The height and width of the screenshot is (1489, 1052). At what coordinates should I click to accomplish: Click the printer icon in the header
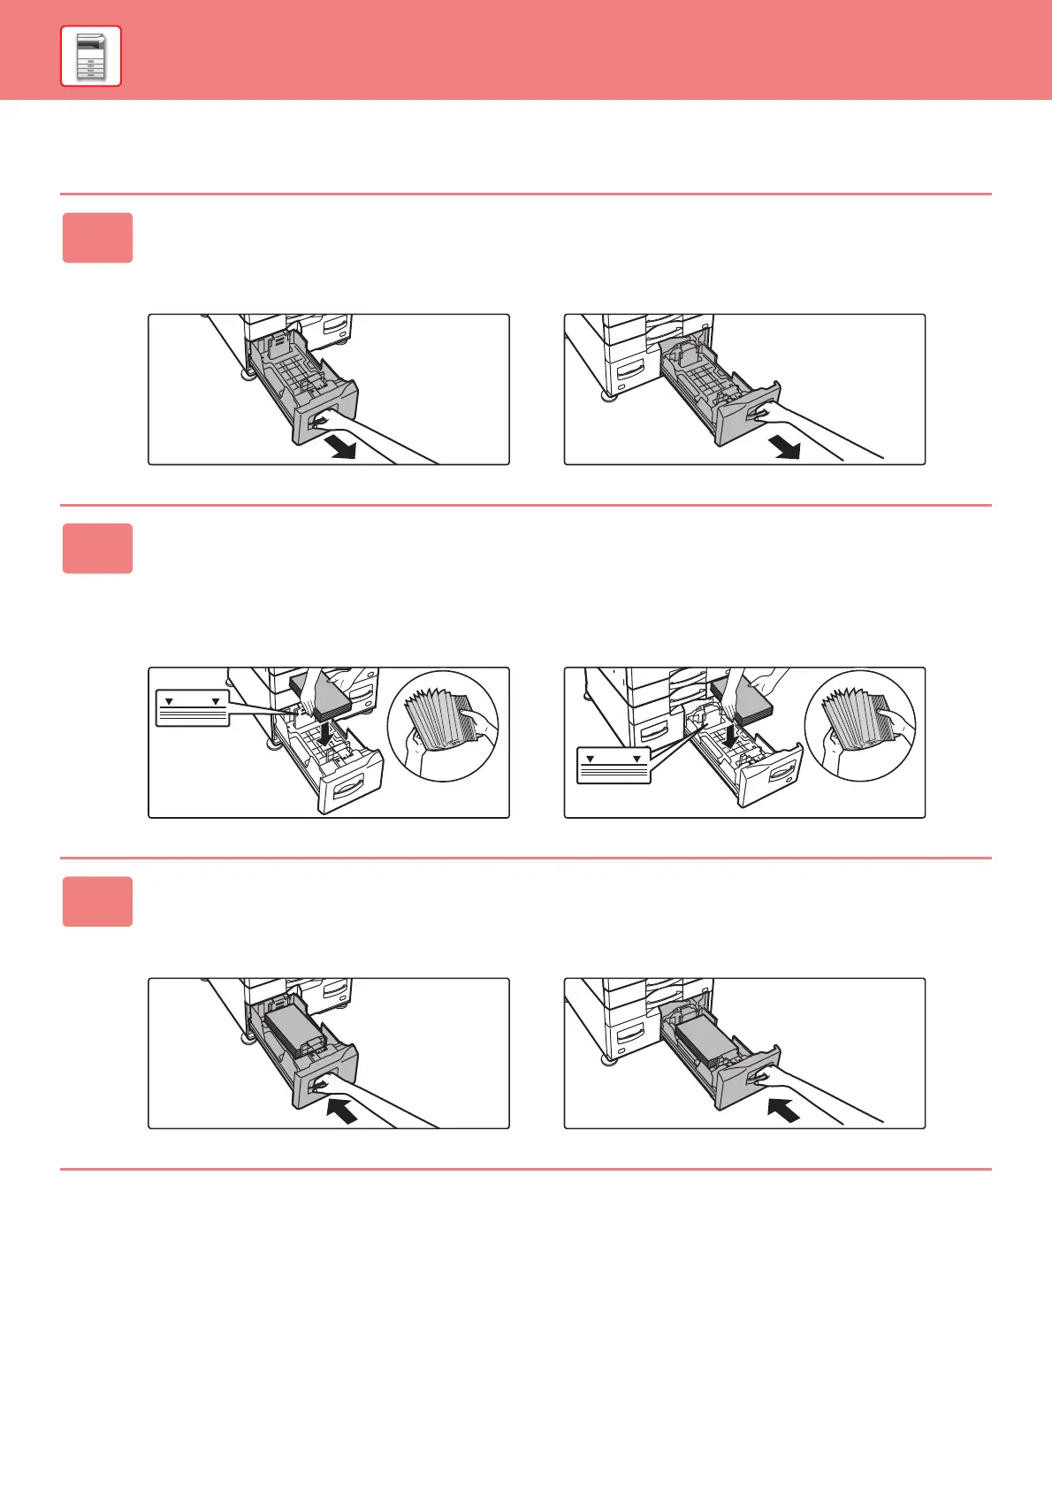(x=91, y=57)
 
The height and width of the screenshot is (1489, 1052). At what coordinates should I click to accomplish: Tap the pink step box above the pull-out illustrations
(x=97, y=238)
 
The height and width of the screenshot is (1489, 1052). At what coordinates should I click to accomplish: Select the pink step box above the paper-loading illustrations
(x=97, y=548)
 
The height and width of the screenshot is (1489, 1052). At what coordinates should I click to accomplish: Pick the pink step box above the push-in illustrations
(x=97, y=902)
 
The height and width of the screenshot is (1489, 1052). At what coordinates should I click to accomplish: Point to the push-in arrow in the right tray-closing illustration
(x=783, y=1109)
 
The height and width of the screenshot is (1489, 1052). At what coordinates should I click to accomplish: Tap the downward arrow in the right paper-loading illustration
(x=730, y=731)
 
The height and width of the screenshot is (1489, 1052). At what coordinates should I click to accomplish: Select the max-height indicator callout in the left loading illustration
(x=193, y=708)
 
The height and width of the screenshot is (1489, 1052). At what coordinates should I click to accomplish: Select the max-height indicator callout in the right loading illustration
(x=614, y=766)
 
